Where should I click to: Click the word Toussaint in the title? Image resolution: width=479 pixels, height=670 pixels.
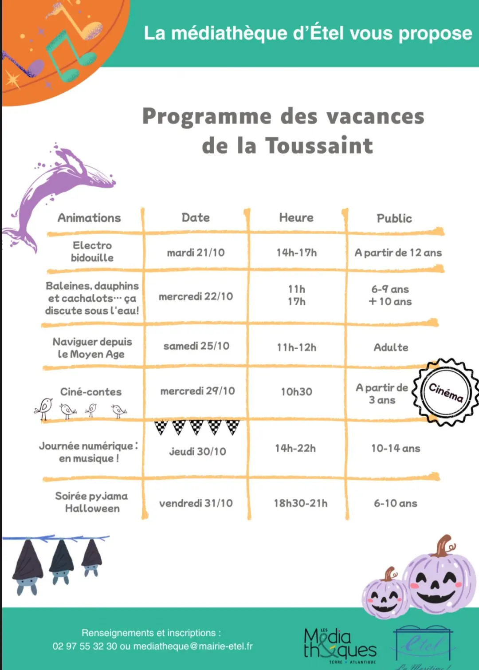click(319, 146)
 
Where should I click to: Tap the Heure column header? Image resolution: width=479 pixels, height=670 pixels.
click(296, 217)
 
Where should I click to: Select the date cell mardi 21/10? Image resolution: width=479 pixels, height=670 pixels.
click(196, 252)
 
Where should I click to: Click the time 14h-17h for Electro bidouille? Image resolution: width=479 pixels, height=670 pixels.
click(296, 252)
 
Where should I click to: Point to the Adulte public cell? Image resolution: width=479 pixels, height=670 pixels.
click(391, 347)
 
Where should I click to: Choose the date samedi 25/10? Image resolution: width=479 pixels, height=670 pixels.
click(196, 346)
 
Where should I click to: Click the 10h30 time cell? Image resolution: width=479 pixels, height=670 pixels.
click(296, 391)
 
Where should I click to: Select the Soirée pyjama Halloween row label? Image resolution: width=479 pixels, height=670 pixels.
click(92, 502)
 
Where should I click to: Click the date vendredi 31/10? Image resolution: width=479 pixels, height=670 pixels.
click(196, 503)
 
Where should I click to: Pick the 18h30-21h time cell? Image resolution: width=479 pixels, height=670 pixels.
click(300, 503)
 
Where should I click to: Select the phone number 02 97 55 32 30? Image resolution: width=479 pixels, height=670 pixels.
click(84, 646)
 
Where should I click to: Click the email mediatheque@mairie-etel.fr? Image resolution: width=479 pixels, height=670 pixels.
click(193, 646)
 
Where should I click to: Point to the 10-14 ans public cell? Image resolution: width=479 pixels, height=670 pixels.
click(395, 449)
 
